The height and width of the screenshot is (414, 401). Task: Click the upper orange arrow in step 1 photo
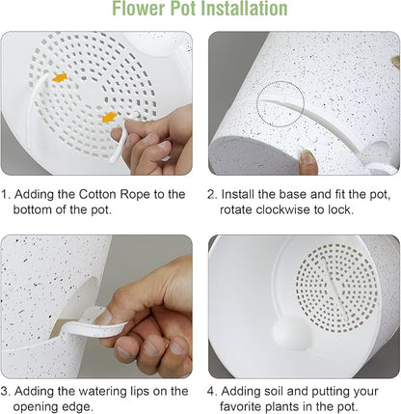[61, 76]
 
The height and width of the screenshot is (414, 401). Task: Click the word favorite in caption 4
[245, 407]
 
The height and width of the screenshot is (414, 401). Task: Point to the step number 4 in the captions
[211, 391]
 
